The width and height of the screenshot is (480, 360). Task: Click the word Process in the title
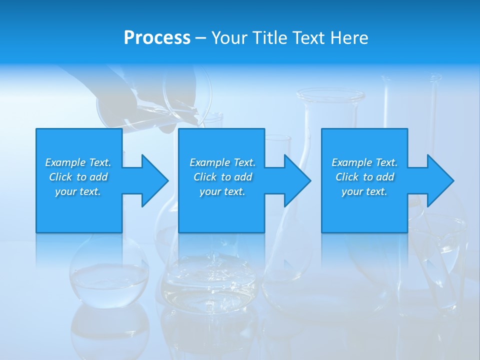click(x=157, y=38)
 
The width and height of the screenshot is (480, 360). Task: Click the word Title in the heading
click(x=268, y=38)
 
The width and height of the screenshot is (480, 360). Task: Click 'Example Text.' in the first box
click(x=78, y=162)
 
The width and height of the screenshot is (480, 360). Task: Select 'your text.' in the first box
click(x=78, y=191)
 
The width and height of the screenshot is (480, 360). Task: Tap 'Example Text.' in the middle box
click(x=222, y=162)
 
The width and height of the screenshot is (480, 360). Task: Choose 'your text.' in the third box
click(x=364, y=191)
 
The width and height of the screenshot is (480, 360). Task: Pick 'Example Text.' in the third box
click(x=364, y=162)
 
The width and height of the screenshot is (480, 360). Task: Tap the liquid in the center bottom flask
click(x=210, y=280)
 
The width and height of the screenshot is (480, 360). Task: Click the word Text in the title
click(x=308, y=38)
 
